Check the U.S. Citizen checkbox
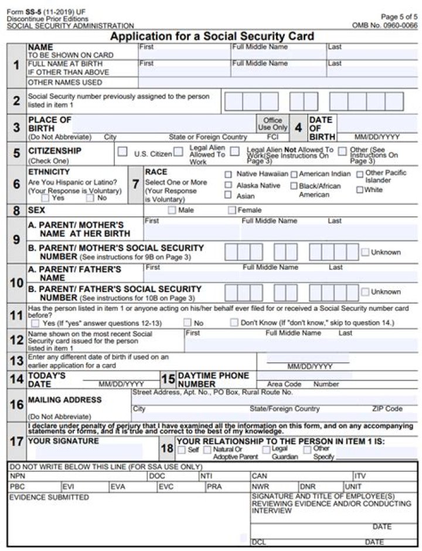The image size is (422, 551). [122, 152]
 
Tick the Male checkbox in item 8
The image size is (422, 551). [172, 210]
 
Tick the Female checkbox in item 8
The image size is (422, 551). [232, 210]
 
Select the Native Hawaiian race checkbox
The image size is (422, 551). [228, 174]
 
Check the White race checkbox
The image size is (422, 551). [359, 190]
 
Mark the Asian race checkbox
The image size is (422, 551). [228, 195]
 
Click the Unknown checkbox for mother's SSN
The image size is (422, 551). [365, 252]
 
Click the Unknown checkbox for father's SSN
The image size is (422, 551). [365, 291]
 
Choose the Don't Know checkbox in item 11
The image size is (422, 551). [234, 322]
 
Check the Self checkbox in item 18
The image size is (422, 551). [181, 450]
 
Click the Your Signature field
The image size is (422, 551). [88, 452]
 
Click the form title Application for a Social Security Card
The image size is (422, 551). [212, 36]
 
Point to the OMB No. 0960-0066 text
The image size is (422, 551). [384, 25]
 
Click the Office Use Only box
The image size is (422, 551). [272, 124]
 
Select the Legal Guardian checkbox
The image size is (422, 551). [266, 450]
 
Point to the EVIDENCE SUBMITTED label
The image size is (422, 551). [49, 497]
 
